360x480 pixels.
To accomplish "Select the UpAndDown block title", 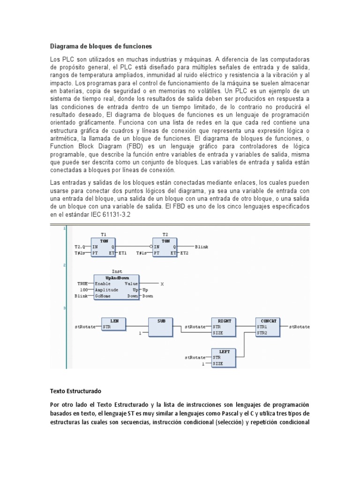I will pyautogui.click(x=110, y=277).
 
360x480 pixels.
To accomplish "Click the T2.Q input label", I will pyautogui.click(x=81, y=246).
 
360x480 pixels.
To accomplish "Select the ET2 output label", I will pyautogui.click(x=186, y=253).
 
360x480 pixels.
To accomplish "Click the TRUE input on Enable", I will pyautogui.click(x=82, y=284).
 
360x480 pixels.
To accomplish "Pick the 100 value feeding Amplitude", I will pyautogui.click(x=84, y=290).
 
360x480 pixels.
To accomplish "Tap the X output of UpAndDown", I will pyautogui.click(x=163, y=284).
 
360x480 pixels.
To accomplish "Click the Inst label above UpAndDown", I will pyautogui.click(x=117, y=271).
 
